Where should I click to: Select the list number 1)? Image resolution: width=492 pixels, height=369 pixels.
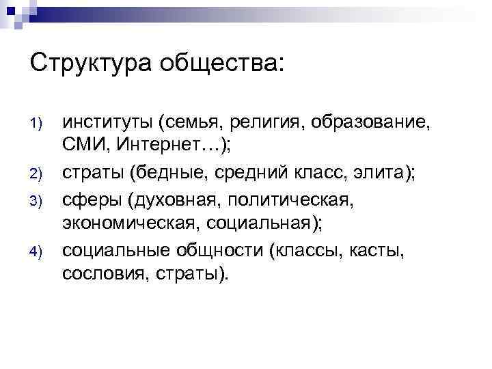38,124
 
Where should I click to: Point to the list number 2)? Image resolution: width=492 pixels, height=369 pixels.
38,172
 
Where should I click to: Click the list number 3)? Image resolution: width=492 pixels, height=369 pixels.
38,200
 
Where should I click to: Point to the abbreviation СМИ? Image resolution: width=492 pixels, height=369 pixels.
84,146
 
